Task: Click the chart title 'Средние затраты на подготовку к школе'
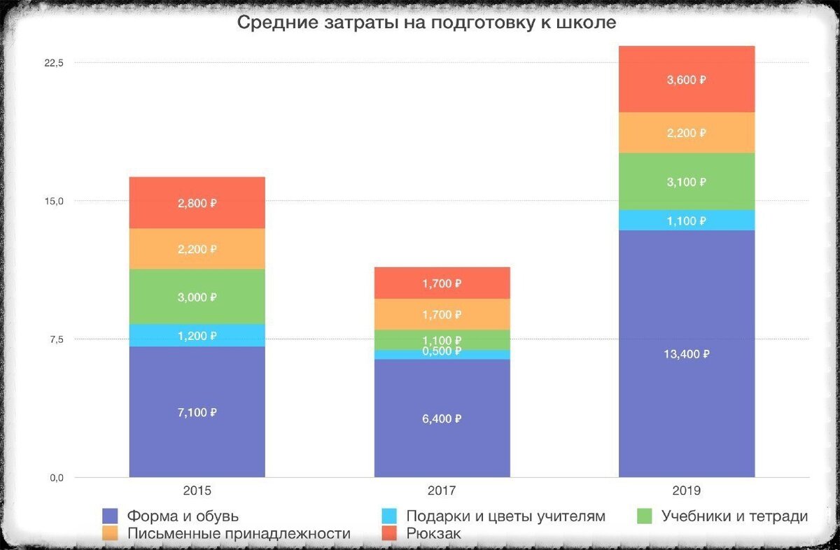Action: pos(426,23)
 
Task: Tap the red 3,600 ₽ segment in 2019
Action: pos(686,79)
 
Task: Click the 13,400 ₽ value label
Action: pos(686,354)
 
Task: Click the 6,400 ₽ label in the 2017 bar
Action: pos(442,418)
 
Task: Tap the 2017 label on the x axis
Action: pos(442,491)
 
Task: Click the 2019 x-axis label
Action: pos(686,491)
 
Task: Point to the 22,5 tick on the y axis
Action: pos(54,63)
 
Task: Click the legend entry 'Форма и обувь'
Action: pos(183,516)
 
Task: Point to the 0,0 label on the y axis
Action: pos(55,478)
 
